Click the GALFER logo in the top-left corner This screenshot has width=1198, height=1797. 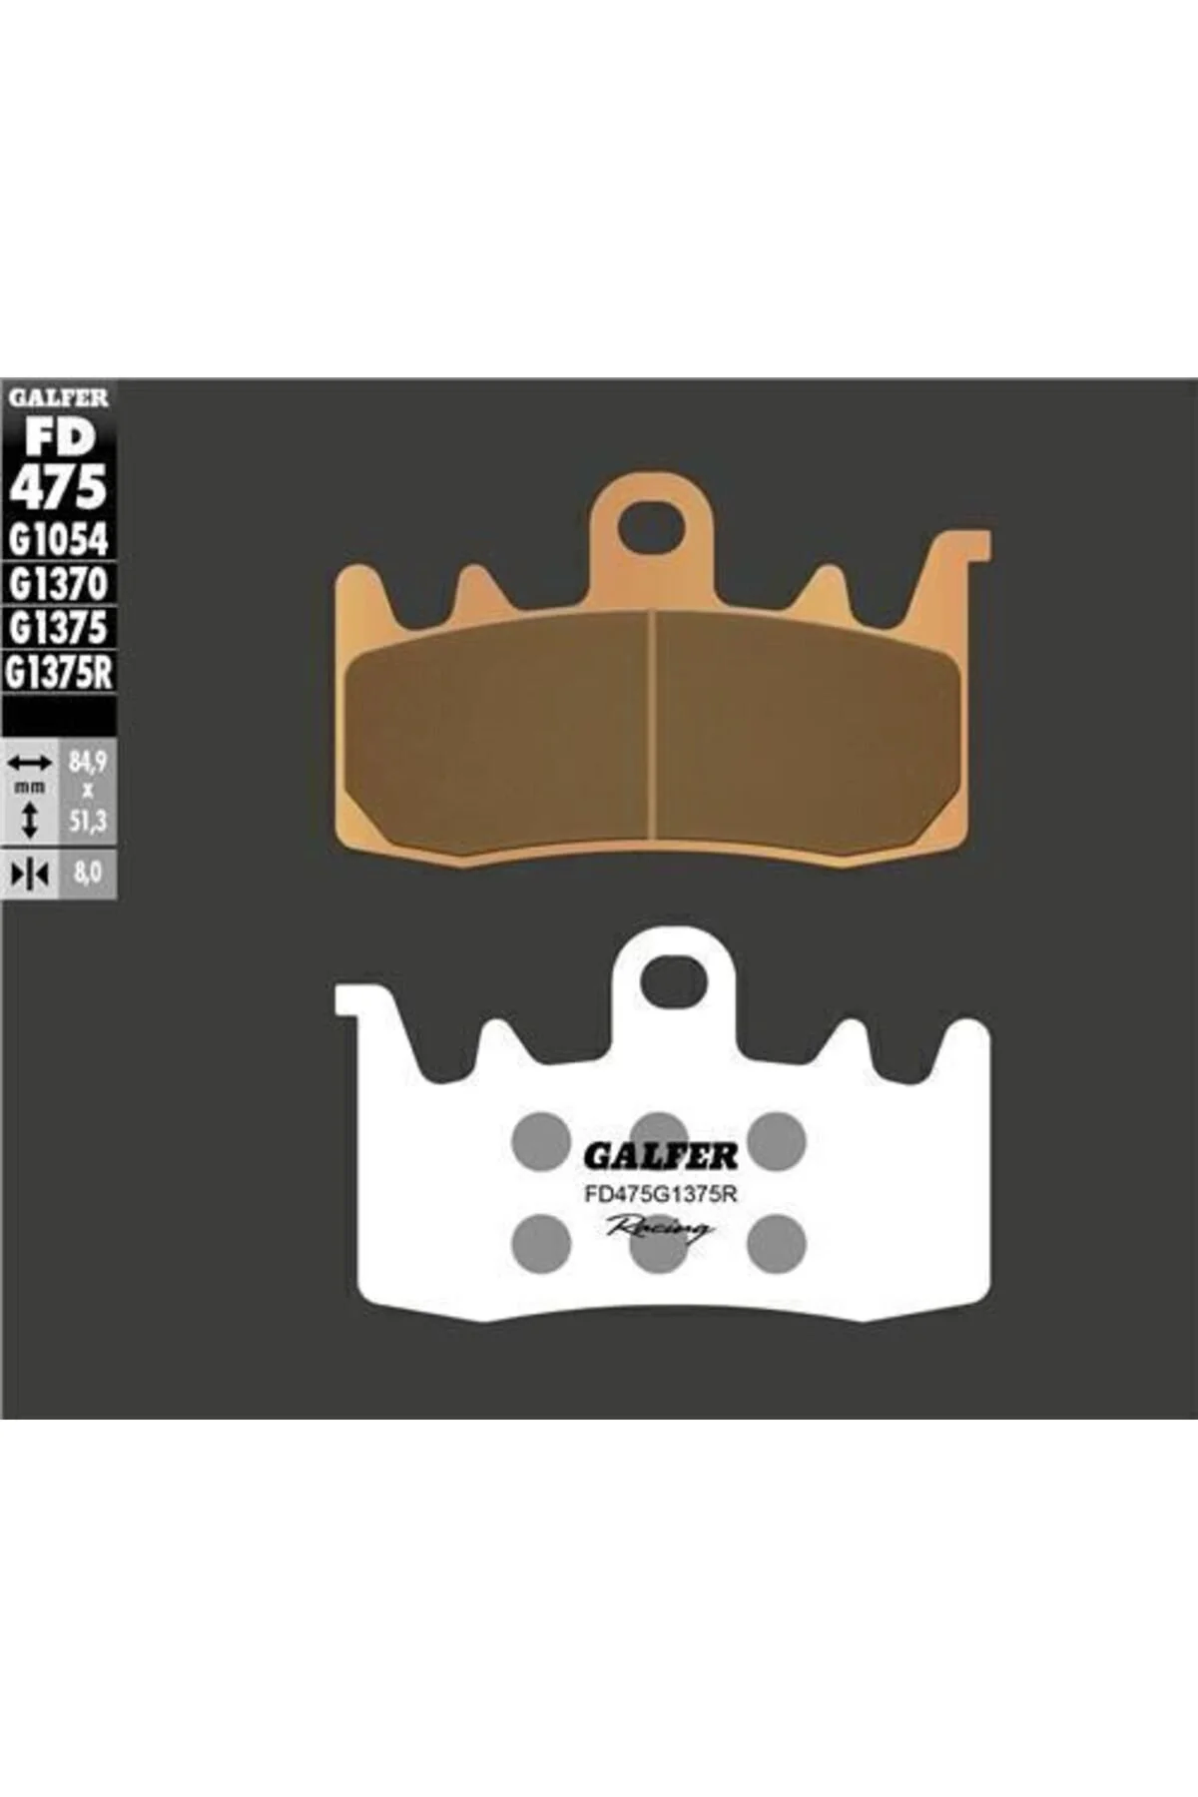(58, 397)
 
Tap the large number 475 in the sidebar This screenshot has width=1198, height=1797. (58, 487)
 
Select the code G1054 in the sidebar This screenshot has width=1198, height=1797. (58, 539)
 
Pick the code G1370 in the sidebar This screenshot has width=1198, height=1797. (58, 583)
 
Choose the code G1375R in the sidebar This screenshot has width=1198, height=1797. (59, 672)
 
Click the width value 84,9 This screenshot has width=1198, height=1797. (88, 764)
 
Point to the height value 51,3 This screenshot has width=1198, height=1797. (88, 822)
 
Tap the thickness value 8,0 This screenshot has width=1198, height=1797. (88, 874)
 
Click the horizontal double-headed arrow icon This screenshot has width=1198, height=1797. (30, 764)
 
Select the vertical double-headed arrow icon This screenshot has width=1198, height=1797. (30, 821)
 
